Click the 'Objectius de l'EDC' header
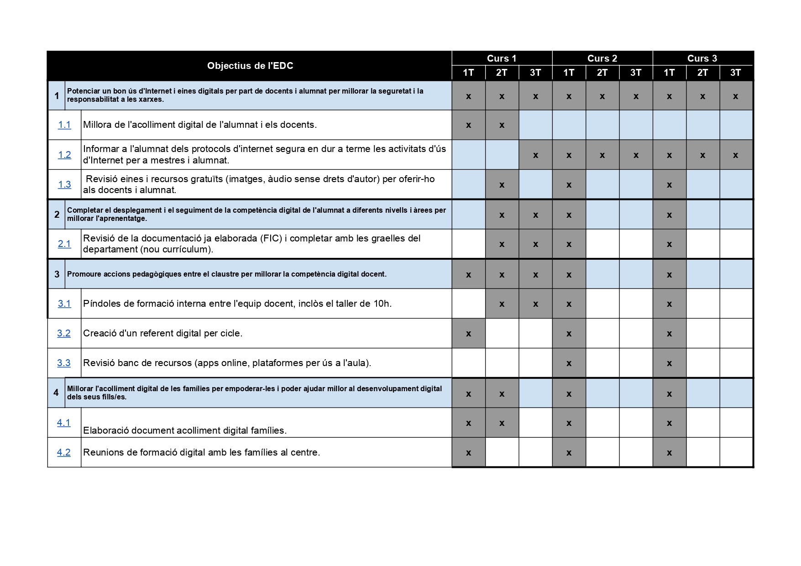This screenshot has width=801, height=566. point(250,66)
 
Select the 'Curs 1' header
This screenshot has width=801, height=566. point(501,58)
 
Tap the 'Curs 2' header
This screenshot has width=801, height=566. point(602,58)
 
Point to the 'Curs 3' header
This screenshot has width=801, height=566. point(702,58)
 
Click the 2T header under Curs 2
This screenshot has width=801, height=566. point(602,73)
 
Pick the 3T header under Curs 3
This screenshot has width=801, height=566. point(735,73)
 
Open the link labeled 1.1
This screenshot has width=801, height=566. point(64,125)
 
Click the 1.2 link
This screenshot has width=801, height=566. point(64,155)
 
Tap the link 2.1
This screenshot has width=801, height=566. point(64,244)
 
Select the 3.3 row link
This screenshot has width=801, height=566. point(64,363)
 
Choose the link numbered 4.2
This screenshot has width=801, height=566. point(64,452)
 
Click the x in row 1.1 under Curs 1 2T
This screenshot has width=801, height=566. point(502,125)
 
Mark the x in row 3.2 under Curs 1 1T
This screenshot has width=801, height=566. point(468,334)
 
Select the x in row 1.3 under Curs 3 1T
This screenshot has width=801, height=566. point(669,185)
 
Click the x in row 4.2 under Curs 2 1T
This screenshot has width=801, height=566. point(569,453)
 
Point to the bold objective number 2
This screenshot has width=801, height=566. point(57,214)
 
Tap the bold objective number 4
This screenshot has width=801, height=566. point(56,393)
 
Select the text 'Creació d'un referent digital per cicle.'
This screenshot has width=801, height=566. point(162,333)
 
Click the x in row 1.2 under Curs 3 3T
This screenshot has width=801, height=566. point(735,155)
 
